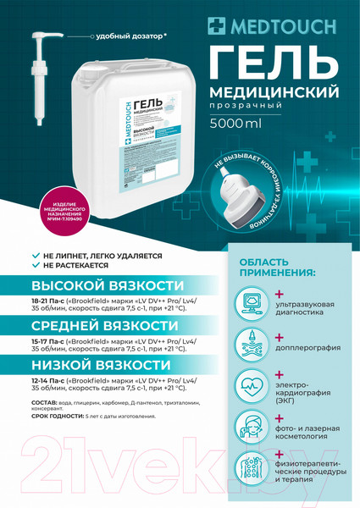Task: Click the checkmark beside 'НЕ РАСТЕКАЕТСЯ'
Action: pos(35,264)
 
